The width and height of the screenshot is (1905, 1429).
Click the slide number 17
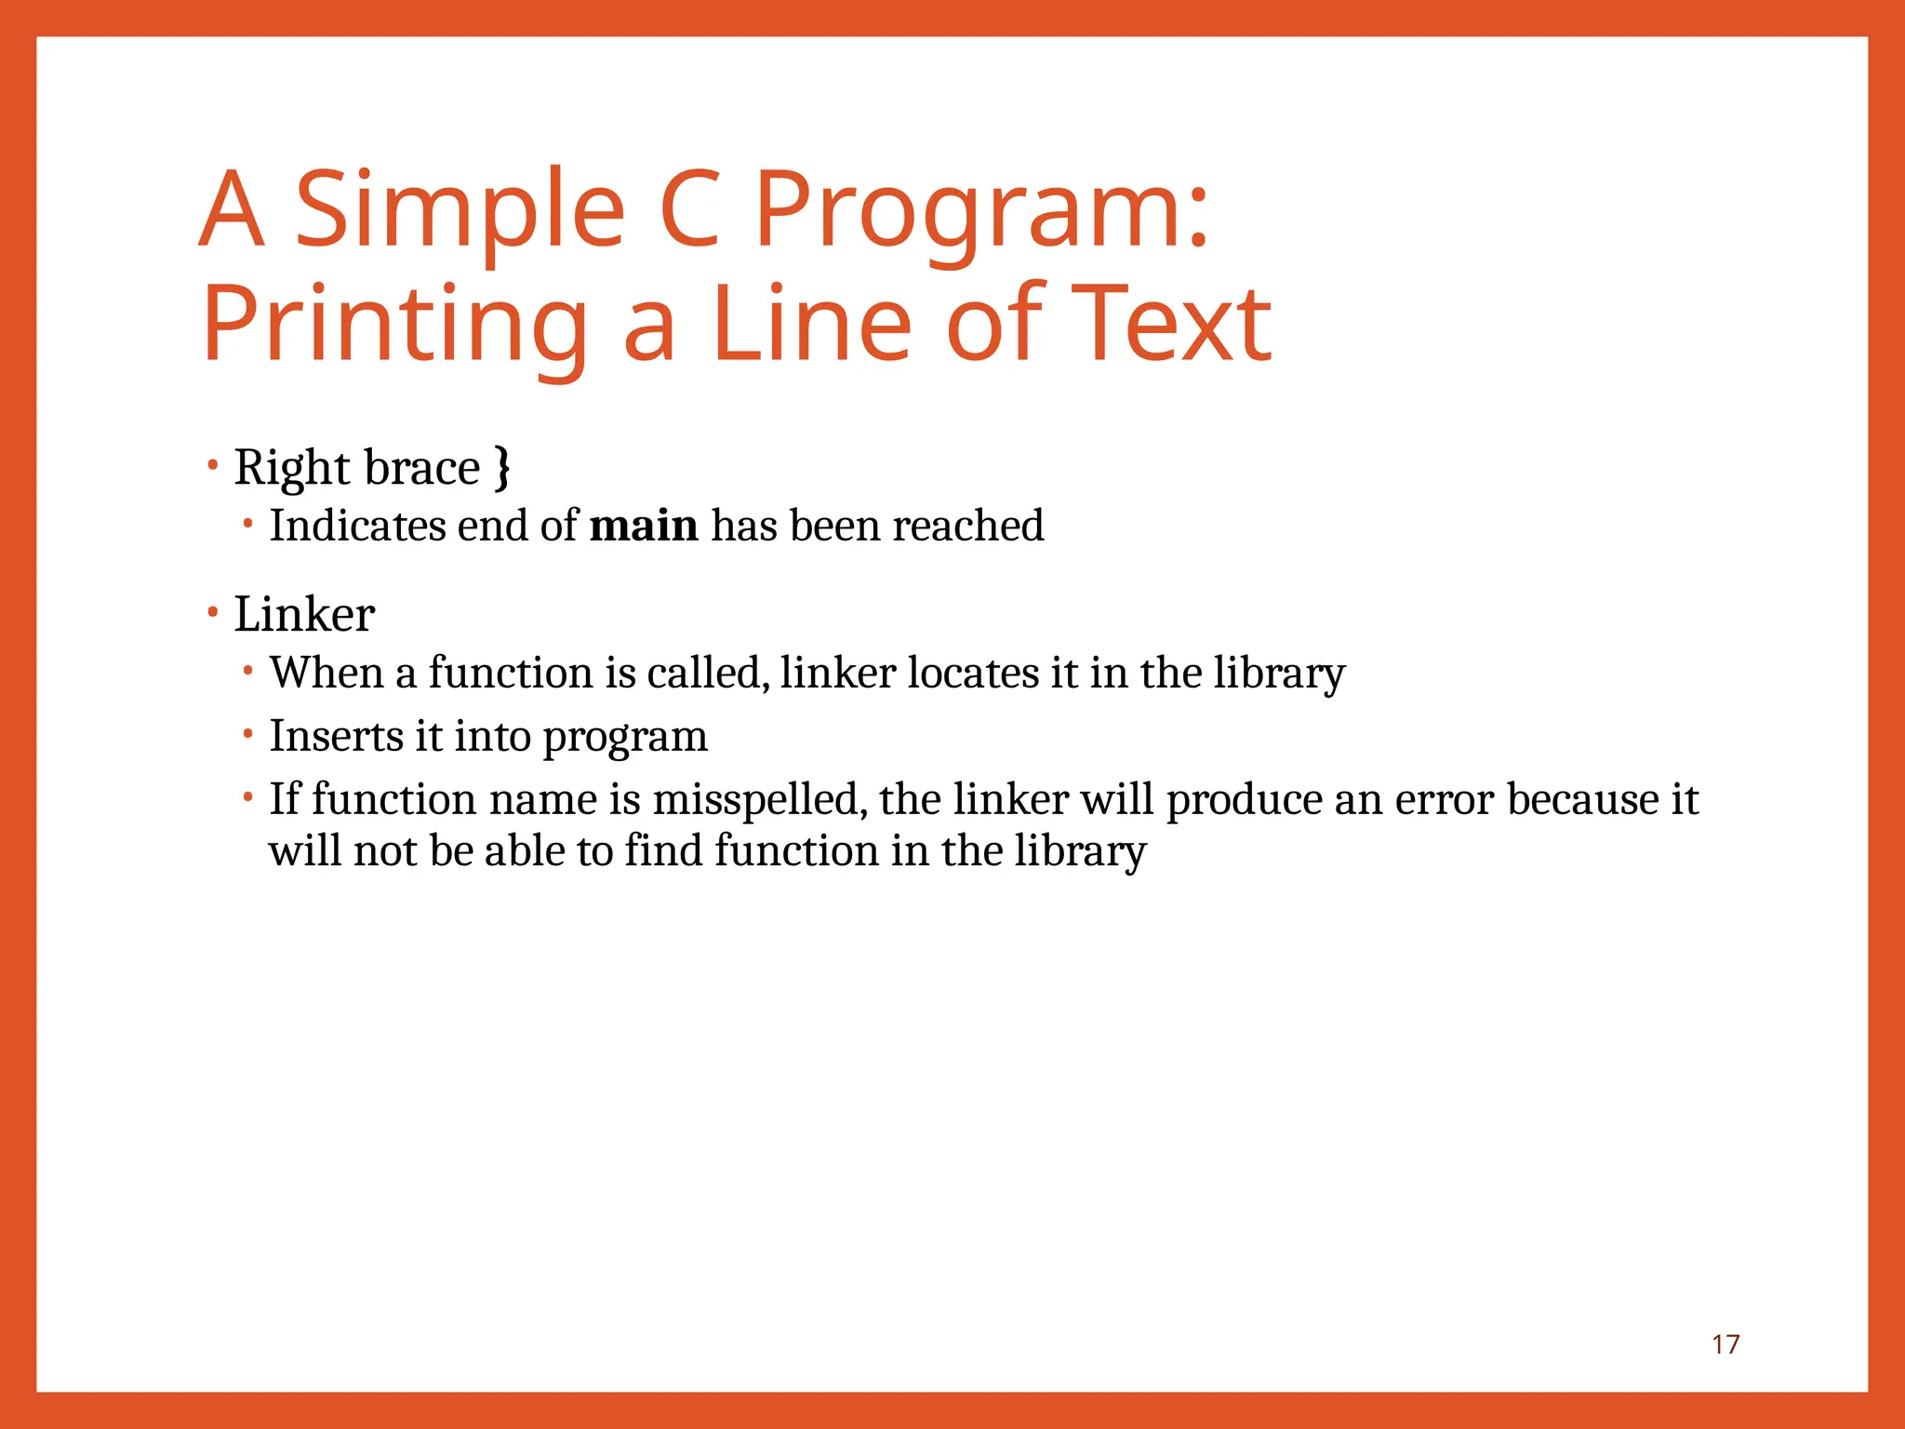[x=1725, y=1344]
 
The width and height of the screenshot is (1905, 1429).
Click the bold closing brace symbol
[x=502, y=468]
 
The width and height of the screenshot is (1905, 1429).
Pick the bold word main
[x=644, y=526]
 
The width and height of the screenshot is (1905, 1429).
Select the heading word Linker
[x=304, y=615]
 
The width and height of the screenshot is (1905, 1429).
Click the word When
[x=326, y=673]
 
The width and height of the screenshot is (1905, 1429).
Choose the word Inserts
[x=336, y=736]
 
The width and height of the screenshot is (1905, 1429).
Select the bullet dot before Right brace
[x=213, y=464]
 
